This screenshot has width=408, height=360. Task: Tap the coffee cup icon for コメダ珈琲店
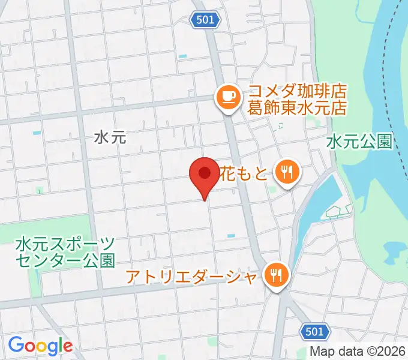[229, 95]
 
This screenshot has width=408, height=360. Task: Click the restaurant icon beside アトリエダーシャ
[277, 276]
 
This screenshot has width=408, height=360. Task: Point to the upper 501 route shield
[205, 20]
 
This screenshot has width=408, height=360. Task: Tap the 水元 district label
[110, 137]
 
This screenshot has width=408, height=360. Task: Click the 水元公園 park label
[359, 142]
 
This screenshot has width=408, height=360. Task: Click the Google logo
[40, 346]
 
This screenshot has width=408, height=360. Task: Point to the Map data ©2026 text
[358, 352]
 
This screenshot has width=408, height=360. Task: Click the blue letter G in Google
[16, 345]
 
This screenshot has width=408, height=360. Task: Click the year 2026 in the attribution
[393, 352]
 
